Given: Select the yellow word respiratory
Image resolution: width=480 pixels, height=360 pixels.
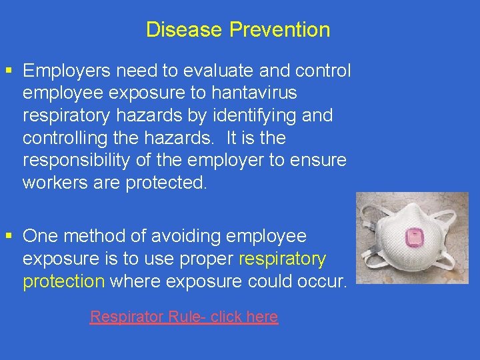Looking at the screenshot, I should [282, 259].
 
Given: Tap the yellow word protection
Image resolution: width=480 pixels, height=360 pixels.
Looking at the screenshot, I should [63, 281].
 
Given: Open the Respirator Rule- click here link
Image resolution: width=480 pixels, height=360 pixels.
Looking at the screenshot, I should [184, 317].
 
